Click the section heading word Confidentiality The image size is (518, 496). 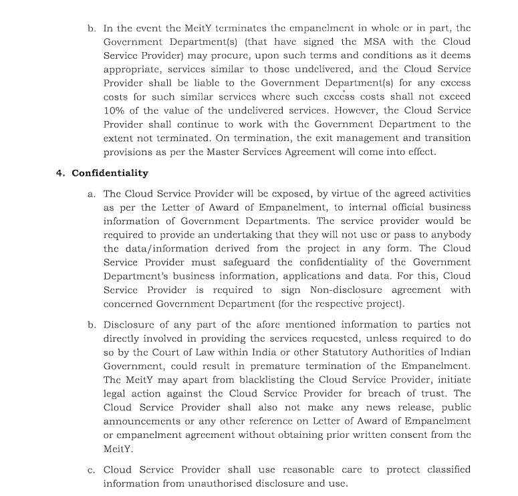tap(110, 173)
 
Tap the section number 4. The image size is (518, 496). tap(60, 173)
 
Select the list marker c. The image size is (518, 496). tap(91, 470)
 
